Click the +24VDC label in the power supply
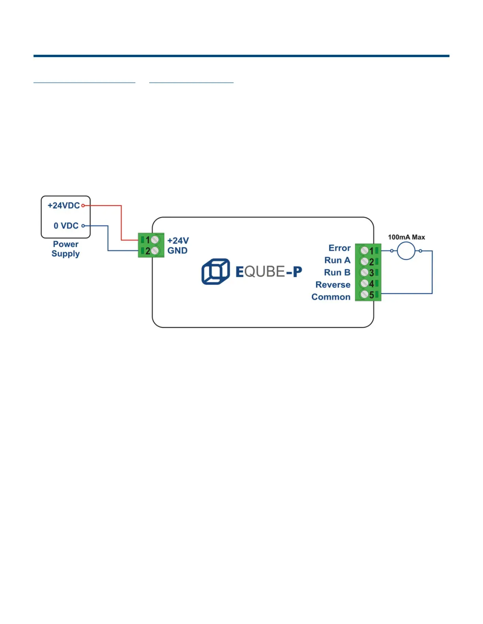point(64,206)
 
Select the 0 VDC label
point(66,226)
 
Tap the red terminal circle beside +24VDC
point(83,206)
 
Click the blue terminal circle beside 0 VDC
point(83,226)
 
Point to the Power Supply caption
point(66,249)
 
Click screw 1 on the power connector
point(155,240)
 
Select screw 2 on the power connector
point(155,251)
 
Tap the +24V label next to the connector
point(178,241)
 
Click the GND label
point(178,251)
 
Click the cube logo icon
point(216,272)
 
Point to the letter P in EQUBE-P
point(298,272)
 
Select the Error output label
point(339,248)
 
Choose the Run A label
point(337,260)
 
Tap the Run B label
point(337,273)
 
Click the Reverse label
point(333,285)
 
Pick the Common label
point(331,297)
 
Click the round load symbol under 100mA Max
point(406,251)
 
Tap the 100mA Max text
point(406,237)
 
